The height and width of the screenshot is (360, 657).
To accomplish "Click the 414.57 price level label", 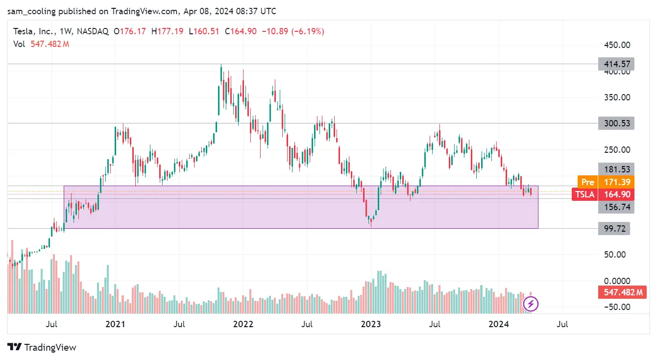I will click(x=616, y=64).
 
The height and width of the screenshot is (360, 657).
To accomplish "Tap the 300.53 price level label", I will click(x=616, y=123).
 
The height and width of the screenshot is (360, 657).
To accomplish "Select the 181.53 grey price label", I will click(x=616, y=169).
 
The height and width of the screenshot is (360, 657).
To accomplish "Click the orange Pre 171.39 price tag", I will click(x=606, y=182).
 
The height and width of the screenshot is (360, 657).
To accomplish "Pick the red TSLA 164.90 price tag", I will click(x=603, y=194).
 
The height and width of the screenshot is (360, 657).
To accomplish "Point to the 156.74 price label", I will click(x=616, y=207).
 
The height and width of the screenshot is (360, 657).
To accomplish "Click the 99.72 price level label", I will click(x=616, y=229).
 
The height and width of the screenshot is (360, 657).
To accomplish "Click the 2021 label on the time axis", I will click(x=116, y=324).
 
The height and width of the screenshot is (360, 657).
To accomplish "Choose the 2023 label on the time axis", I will click(x=371, y=324).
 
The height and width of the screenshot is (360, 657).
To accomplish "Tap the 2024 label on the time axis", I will click(x=499, y=324).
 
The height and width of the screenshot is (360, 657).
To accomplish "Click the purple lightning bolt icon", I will click(x=531, y=304).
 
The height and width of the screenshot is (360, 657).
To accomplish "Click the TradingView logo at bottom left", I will click(x=43, y=347).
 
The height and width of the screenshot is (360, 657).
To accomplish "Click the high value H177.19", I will click(x=168, y=31).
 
